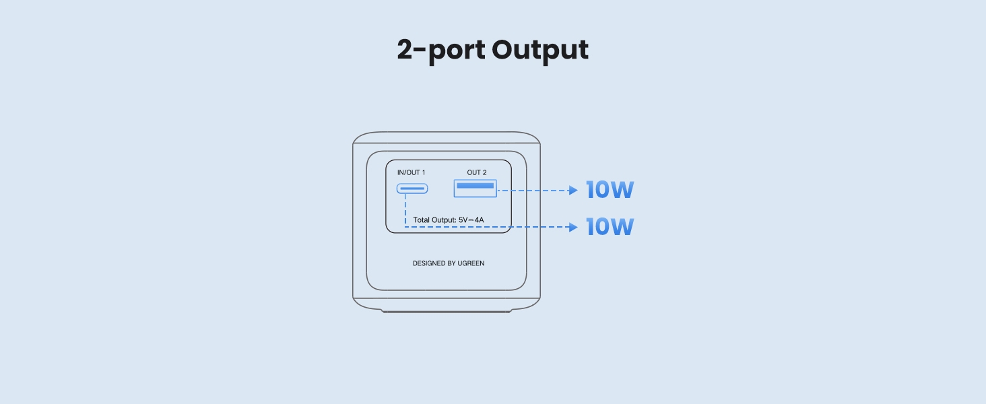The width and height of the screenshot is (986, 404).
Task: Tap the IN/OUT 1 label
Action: (411, 173)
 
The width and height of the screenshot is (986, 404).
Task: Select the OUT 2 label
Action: (476, 173)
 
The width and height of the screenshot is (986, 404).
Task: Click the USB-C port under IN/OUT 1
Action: (412, 189)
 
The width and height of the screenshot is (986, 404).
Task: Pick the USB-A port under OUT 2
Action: (475, 189)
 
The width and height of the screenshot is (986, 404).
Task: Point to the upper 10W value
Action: (610, 191)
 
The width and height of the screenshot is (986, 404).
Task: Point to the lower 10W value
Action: (610, 227)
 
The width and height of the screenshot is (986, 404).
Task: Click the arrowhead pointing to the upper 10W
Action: (573, 191)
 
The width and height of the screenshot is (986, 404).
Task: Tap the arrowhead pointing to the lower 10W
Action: (573, 228)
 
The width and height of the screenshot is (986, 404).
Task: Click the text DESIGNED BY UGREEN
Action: (448, 263)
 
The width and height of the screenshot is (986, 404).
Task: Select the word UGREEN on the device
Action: (471, 263)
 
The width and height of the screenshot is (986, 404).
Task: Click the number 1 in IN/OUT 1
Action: (423, 173)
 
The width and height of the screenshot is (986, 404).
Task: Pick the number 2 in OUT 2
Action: (484, 173)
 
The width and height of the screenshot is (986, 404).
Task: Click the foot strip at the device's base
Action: (447, 311)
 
